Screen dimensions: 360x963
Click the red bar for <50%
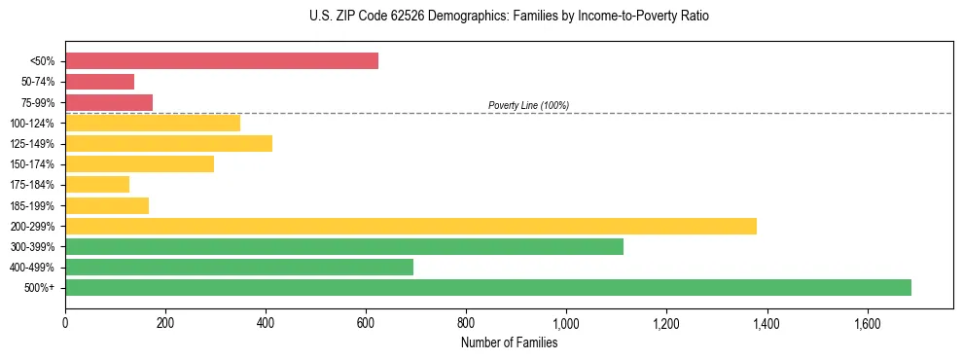[222, 60]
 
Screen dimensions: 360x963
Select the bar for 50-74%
[99, 82]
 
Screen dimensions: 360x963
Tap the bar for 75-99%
[109, 102]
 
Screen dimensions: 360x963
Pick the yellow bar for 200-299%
[410, 226]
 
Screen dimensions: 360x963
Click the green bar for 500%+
[488, 287]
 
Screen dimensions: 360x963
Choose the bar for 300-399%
[344, 246]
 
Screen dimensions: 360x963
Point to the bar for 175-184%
[97, 185]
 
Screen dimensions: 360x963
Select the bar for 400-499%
[239, 267]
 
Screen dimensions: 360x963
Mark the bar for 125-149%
[168, 143]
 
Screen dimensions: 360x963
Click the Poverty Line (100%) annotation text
[528, 105]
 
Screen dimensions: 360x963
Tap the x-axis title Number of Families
[509, 342]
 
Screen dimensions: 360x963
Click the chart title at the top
[509, 17]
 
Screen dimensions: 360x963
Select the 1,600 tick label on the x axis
[867, 324]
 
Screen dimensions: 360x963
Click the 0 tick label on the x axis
[65, 324]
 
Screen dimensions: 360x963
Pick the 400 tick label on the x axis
[266, 324]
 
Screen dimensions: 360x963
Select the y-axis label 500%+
[39, 288]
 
